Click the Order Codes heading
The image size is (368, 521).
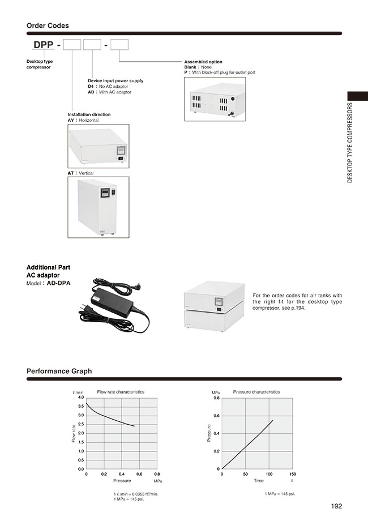(48, 25)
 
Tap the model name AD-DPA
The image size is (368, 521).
(59, 283)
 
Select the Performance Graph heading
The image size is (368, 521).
(59, 371)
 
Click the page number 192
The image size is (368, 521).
(336, 506)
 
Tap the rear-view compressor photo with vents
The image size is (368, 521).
(215, 99)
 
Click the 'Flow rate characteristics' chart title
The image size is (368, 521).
(121, 392)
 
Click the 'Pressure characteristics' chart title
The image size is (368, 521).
(256, 392)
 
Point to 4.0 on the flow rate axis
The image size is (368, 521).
(80, 398)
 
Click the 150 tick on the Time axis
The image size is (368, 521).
(292, 474)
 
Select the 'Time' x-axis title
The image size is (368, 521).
(258, 480)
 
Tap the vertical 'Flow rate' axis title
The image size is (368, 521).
(74, 433)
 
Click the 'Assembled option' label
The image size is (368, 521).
(203, 62)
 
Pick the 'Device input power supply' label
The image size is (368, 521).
(115, 80)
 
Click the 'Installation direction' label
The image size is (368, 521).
(89, 114)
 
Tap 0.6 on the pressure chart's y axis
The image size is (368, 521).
(217, 416)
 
